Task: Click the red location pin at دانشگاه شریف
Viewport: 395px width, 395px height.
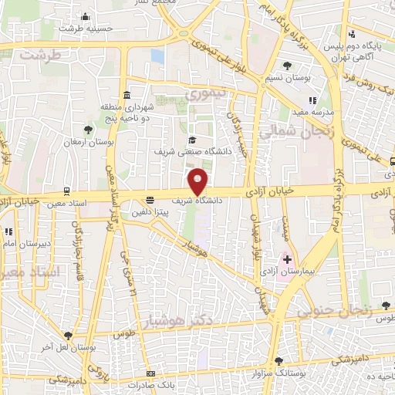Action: coord(198,181)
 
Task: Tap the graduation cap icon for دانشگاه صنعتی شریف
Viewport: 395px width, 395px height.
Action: coord(191,140)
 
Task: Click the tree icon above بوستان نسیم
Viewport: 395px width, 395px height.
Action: coord(288,64)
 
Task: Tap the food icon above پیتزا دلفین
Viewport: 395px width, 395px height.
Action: coord(150,200)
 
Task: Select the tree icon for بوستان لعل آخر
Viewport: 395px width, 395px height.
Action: coord(69,336)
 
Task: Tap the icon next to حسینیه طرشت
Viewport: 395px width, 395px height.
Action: coord(85,17)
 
